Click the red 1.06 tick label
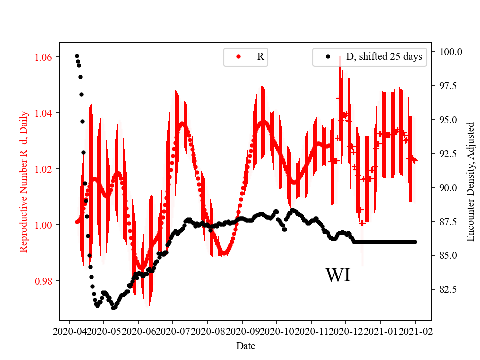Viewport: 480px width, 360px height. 44,57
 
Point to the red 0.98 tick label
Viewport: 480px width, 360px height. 44,281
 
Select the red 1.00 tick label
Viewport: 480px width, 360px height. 44,225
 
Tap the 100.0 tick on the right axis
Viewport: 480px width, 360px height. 450,52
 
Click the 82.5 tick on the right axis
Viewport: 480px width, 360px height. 448,290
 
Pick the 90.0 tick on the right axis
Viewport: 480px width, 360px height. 448,188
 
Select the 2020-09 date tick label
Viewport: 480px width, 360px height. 242,331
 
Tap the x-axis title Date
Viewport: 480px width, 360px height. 246,345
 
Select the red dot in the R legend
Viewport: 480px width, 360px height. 238,57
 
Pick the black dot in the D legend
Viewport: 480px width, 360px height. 328,57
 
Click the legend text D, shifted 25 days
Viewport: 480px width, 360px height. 384,57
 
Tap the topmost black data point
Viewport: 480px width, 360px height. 77,56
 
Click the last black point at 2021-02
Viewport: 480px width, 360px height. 415,242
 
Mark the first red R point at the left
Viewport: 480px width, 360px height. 77,222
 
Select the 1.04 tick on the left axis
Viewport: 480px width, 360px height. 44,113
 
